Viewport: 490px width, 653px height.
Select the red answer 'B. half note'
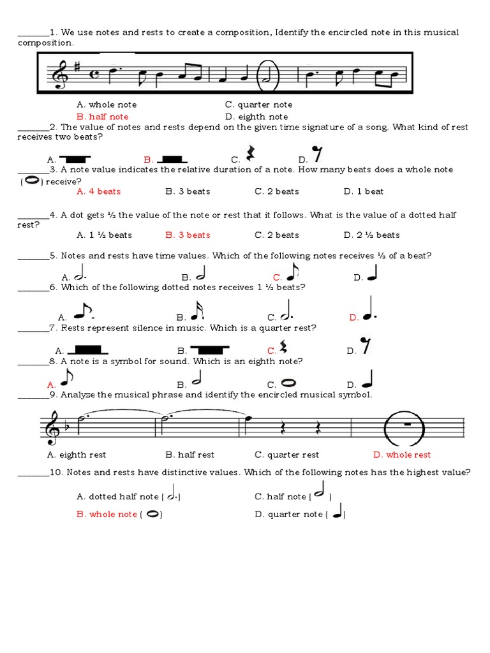(102, 117)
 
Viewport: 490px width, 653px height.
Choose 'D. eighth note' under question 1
(256, 117)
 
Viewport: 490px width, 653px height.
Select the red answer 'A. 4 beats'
(98, 191)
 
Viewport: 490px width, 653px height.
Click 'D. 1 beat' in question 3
(364, 191)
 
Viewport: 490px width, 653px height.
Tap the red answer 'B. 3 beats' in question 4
(188, 235)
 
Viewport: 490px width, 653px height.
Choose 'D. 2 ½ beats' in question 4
(371, 235)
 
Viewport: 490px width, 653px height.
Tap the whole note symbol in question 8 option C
(289, 383)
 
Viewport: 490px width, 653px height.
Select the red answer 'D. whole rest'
(402, 455)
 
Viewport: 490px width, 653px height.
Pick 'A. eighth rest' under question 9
(77, 455)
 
